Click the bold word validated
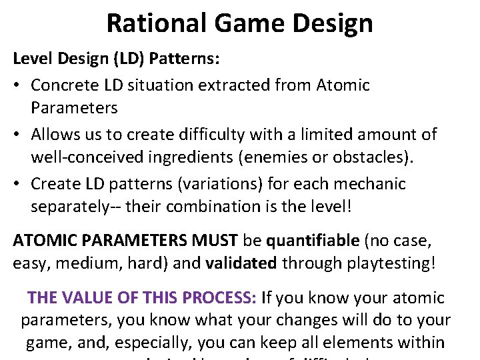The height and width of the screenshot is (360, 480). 241,263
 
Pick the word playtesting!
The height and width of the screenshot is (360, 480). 360,263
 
